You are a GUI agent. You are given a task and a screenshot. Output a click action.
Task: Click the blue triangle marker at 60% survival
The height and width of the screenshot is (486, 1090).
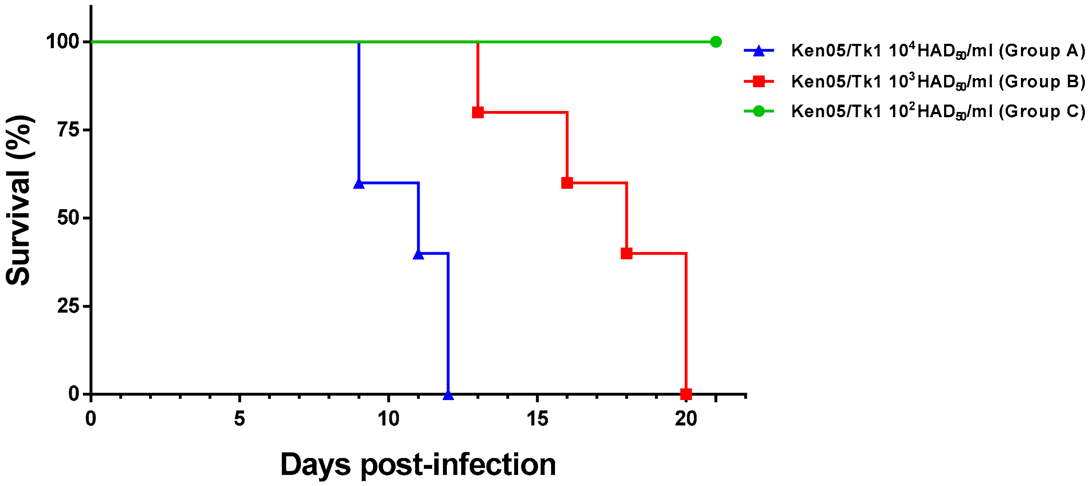pos(359,184)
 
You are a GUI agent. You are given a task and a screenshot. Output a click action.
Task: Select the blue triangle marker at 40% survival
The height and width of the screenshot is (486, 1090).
pos(418,254)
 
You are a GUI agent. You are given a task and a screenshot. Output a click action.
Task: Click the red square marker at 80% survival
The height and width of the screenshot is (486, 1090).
pos(478,112)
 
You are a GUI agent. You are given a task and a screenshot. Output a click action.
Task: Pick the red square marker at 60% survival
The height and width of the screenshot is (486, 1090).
pos(567,183)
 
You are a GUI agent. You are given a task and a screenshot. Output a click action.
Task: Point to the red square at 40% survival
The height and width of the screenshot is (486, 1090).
pos(627,253)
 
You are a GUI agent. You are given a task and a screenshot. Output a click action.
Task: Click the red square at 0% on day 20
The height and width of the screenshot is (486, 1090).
pos(686,394)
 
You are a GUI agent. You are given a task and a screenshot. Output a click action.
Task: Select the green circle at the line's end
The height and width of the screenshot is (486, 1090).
pos(716,42)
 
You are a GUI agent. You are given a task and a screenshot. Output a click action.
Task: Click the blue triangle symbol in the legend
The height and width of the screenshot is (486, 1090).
pos(759,51)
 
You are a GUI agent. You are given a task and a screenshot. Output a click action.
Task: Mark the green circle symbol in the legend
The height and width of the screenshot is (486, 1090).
pos(759,112)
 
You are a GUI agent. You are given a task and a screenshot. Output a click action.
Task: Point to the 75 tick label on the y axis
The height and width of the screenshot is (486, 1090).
pos(69,130)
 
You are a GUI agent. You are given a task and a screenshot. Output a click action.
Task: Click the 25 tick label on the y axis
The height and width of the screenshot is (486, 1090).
pos(69,306)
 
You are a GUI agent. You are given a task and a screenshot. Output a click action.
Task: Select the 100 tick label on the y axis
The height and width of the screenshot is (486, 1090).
pos(63,42)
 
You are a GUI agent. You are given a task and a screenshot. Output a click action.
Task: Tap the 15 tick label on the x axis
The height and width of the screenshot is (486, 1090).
pos(538,419)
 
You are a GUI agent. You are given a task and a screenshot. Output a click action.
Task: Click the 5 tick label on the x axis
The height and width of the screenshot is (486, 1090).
pos(240,419)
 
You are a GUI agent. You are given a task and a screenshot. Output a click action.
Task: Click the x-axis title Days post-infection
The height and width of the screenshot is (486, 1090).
pos(418,464)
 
